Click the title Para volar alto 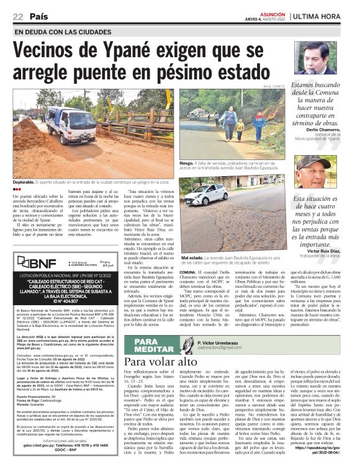(x=156, y=361)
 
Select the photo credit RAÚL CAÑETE (x=274, y=86)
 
